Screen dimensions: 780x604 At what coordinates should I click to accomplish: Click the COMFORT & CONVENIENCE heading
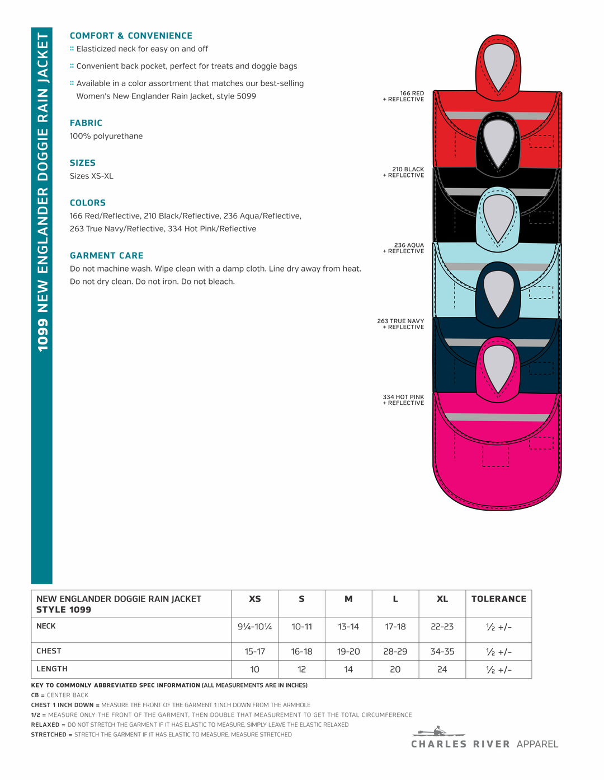pyautogui.click(x=131, y=36)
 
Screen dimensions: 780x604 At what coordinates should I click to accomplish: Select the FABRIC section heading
pyautogui.click(x=86, y=123)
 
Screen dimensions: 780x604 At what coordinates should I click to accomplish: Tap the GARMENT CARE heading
pyautogui.click(x=106, y=255)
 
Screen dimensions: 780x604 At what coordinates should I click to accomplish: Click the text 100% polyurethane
pyautogui.click(x=106, y=136)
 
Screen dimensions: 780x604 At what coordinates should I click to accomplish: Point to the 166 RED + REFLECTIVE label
pyautogui.click(x=404, y=96)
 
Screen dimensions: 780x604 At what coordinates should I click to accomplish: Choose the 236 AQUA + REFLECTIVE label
pyautogui.click(x=404, y=248)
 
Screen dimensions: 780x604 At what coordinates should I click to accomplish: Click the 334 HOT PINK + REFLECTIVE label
pyautogui.click(x=404, y=400)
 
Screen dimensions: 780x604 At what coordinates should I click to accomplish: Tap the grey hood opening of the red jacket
pyautogui.click(x=498, y=62)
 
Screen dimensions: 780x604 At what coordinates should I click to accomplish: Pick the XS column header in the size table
pyautogui.click(x=254, y=599)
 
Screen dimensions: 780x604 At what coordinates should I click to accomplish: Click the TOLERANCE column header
pyautogui.click(x=498, y=599)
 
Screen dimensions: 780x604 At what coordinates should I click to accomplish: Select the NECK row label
pyautogui.click(x=46, y=626)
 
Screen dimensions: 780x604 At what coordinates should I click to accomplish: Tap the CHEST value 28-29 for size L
pyautogui.click(x=395, y=652)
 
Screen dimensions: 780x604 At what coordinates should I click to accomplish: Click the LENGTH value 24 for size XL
pyautogui.click(x=442, y=670)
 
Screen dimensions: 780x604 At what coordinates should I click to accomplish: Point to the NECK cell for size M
pyautogui.click(x=348, y=627)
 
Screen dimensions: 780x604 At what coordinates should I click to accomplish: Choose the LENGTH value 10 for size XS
pyautogui.click(x=254, y=670)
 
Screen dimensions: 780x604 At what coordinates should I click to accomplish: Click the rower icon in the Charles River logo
pyautogui.click(x=438, y=731)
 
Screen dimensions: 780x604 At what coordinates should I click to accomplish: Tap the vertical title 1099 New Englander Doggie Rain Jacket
pyautogui.click(x=42, y=192)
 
